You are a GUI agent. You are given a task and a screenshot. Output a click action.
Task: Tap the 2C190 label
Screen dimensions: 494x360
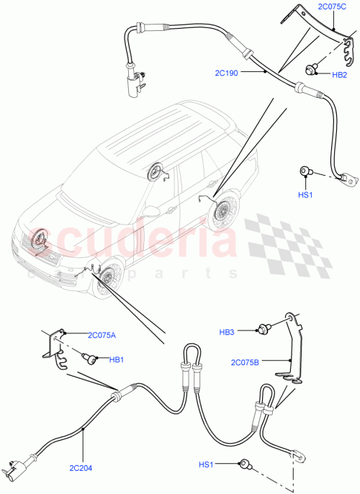click(227, 73)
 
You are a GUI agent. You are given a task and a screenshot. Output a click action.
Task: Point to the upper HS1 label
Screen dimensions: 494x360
click(305, 195)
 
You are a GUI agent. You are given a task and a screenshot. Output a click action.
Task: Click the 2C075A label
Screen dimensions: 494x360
click(102, 334)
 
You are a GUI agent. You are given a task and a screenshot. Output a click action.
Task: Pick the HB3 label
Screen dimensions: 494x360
click(228, 332)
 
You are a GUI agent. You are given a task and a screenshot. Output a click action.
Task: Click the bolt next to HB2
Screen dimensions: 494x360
click(313, 71)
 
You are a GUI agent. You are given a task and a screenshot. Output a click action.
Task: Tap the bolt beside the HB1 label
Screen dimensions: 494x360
click(91, 357)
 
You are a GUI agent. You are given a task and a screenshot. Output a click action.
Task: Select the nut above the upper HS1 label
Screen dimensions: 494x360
click(305, 171)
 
